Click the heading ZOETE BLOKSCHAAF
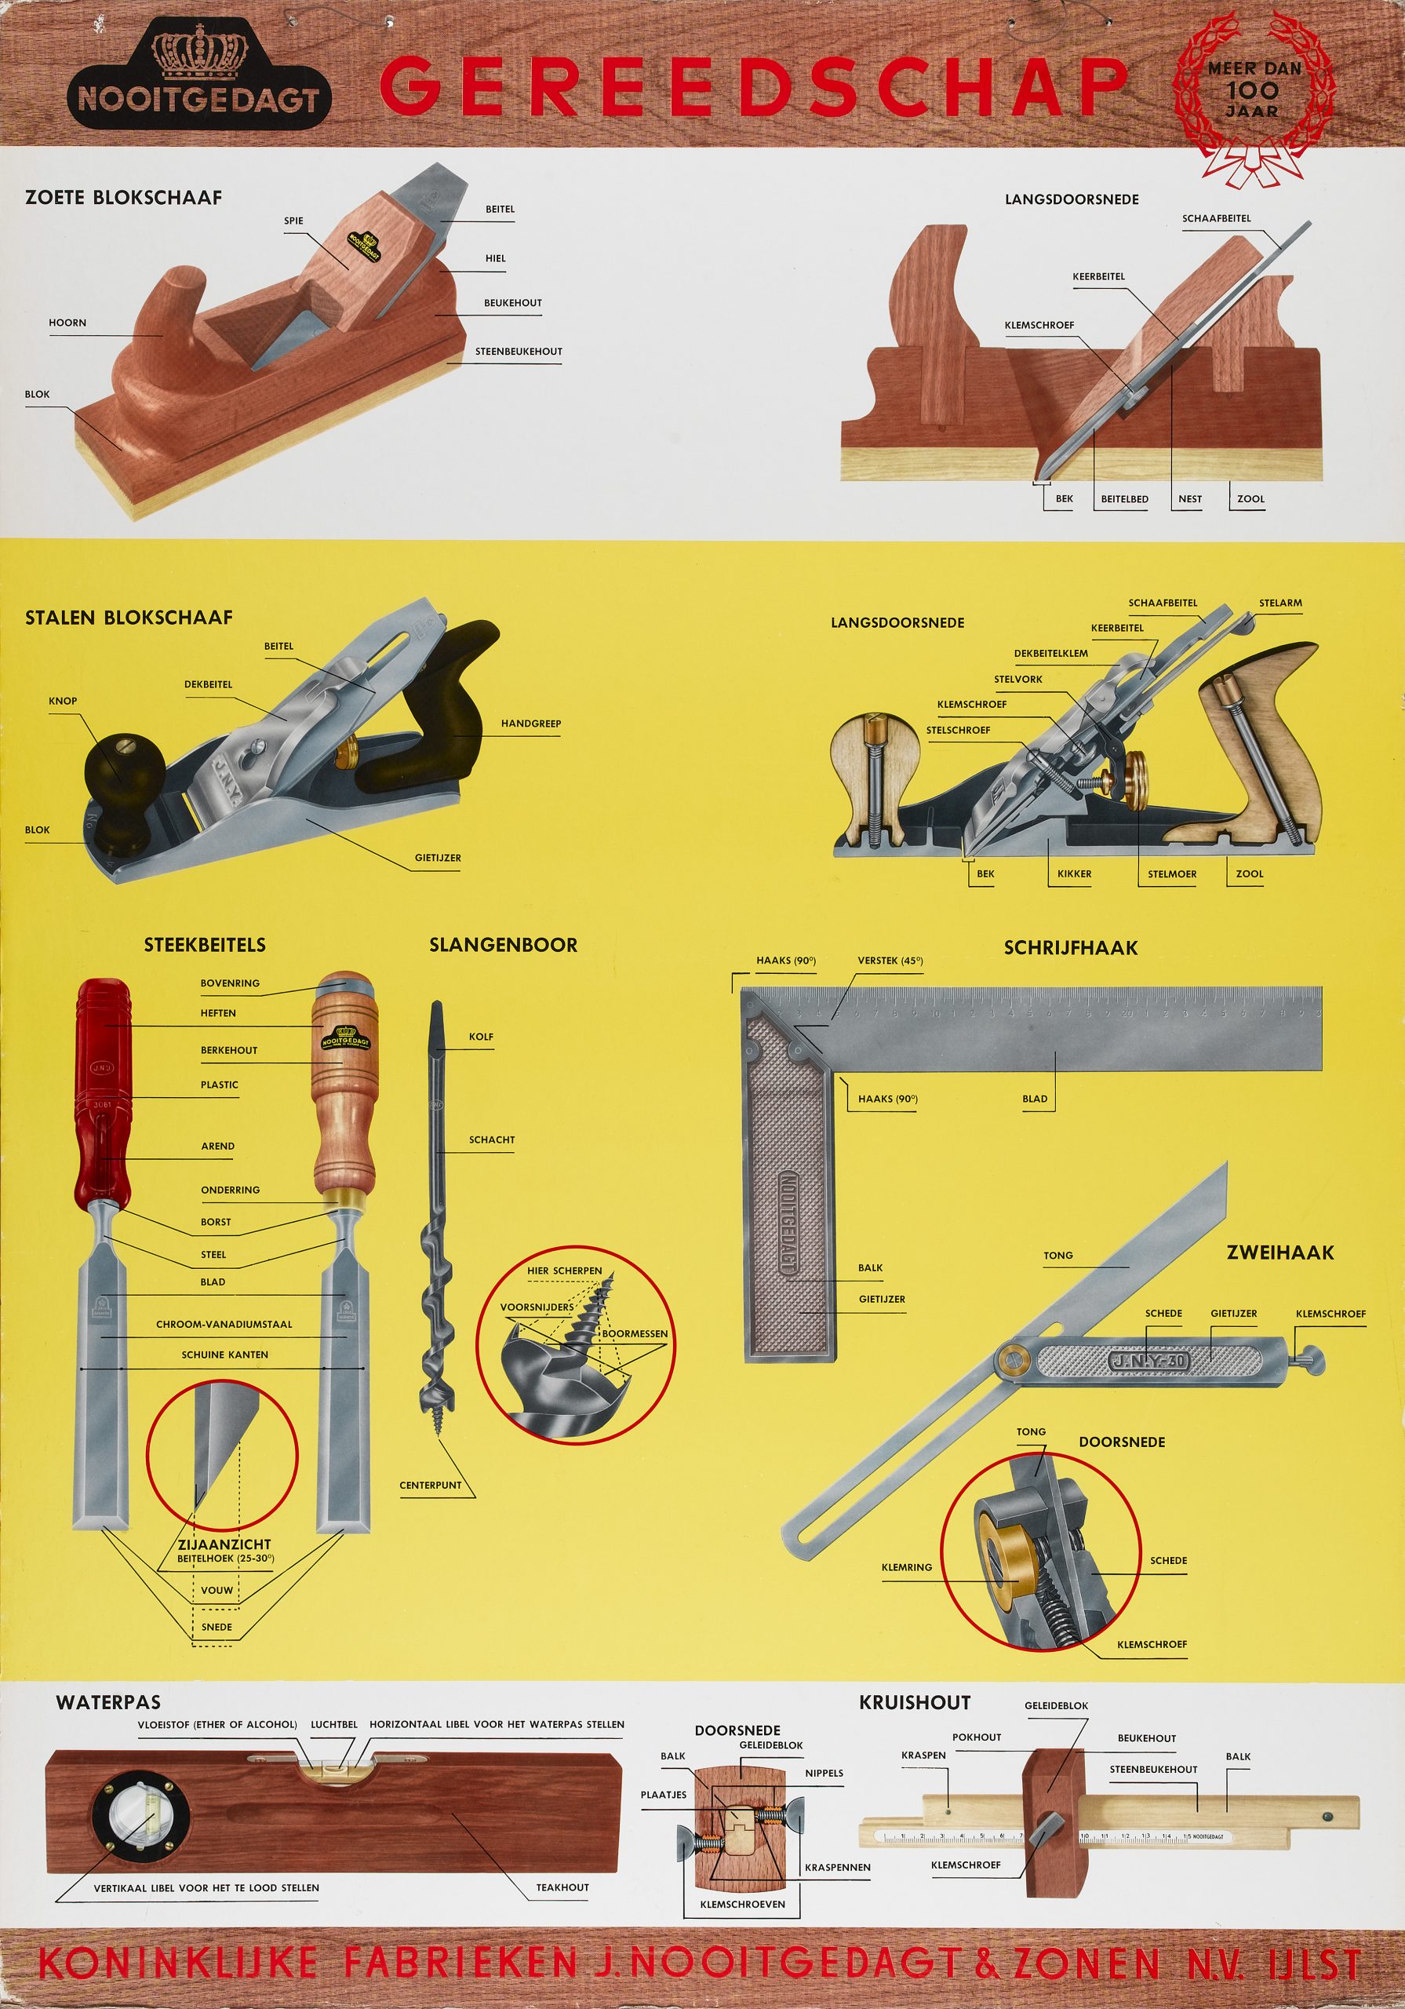pyautogui.click(x=123, y=197)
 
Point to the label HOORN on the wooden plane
pyautogui.click(x=67, y=322)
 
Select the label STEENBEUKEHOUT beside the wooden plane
pyautogui.click(x=519, y=351)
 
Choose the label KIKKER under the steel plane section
pyautogui.click(x=1074, y=873)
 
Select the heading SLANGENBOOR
pyautogui.click(x=503, y=945)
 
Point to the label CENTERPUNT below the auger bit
pyautogui.click(x=431, y=1485)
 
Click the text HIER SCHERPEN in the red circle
pyautogui.click(x=564, y=1271)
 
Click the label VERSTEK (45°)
pyautogui.click(x=890, y=961)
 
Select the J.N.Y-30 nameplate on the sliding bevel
pyautogui.click(x=1148, y=1362)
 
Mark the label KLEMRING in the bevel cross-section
pyautogui.click(x=906, y=1567)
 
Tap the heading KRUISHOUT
pyautogui.click(x=914, y=1702)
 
